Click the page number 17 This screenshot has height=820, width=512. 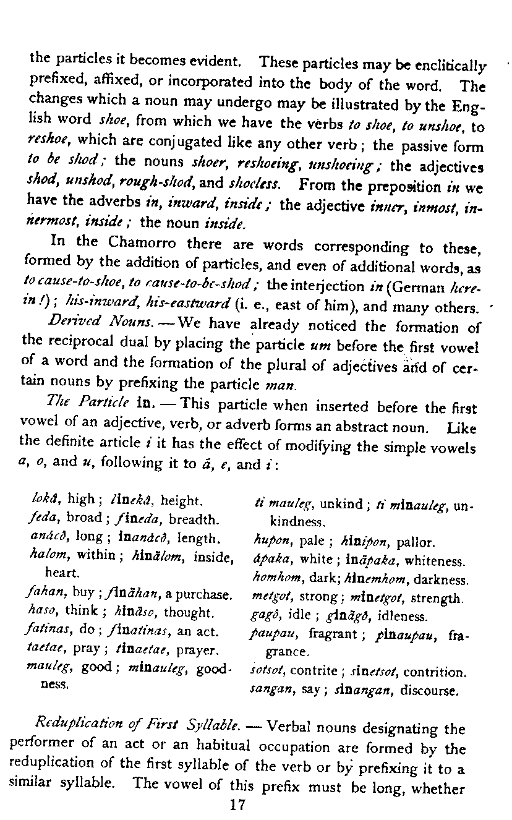[237, 805]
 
